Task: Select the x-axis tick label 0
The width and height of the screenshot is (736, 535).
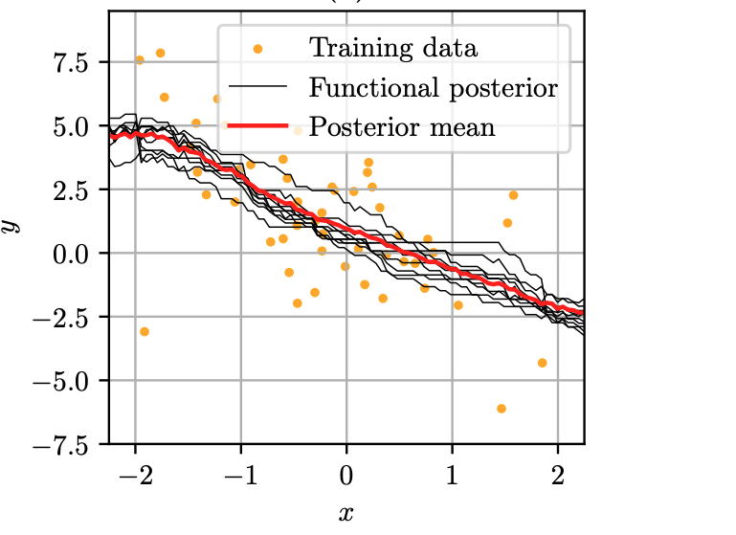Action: [346, 476]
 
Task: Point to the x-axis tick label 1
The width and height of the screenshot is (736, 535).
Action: [452, 476]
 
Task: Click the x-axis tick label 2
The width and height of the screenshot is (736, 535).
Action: [557, 476]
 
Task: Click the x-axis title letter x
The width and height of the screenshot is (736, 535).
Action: [346, 514]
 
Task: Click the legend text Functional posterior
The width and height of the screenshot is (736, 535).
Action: [433, 88]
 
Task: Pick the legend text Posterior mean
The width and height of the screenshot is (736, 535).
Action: [402, 126]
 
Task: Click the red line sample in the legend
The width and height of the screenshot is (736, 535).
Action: [258, 126]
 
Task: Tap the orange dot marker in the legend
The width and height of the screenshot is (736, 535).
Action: [258, 47]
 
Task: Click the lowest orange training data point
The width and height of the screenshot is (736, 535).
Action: [501, 409]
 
